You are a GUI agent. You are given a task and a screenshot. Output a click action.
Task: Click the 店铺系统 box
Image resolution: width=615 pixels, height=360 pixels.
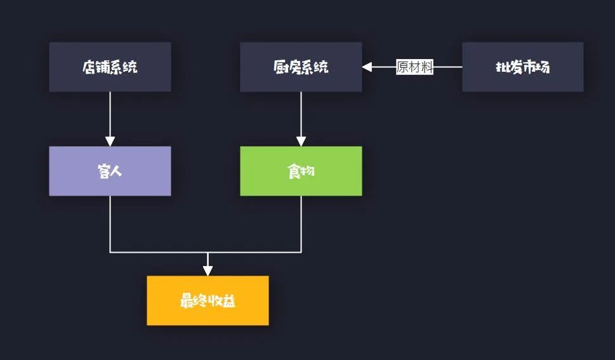pos(110,67)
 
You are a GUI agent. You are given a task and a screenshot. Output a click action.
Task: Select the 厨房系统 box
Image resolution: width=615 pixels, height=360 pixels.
pos(301,67)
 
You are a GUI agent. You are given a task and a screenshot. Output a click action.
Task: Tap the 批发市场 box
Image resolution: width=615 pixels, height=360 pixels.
pos(522,67)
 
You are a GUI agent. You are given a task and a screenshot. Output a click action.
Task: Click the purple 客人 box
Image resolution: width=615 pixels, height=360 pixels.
pos(110,171)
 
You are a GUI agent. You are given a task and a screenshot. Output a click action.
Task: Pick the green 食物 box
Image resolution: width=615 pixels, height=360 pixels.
pos(301,171)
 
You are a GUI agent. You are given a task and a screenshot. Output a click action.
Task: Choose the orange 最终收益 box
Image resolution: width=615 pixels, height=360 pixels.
pos(208,300)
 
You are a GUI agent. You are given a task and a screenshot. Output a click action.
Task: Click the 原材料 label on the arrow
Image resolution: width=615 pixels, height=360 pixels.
pos(414,67)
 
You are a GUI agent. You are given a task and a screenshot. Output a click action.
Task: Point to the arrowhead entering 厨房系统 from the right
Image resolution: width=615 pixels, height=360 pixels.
pos(367,67)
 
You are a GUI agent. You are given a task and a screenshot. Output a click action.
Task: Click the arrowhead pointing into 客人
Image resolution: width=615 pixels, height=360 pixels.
pos(110,141)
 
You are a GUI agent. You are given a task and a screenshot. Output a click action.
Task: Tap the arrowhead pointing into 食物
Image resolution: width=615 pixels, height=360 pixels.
pos(301,141)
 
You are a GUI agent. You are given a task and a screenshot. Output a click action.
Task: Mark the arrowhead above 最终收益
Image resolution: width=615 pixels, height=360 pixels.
pos(208,270)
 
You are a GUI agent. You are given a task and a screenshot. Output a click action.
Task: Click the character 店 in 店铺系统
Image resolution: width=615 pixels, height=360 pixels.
pos(89,67)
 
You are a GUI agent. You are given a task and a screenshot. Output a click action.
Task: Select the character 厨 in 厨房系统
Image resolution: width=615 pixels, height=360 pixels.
pos(280,67)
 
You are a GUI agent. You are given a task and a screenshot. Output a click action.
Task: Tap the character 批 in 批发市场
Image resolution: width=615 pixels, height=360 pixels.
pos(502,67)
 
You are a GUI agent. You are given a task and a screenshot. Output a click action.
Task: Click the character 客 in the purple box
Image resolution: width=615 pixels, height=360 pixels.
pos(103,171)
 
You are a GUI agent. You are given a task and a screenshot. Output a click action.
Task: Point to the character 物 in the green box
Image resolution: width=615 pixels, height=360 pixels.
pos(308,171)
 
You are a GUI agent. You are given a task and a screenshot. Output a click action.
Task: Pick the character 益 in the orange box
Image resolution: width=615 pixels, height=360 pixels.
pos(229,301)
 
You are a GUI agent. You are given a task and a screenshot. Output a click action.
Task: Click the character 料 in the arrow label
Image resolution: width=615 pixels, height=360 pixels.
pos(427,67)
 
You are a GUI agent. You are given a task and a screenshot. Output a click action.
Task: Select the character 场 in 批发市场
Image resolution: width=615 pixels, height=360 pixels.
pos(543,67)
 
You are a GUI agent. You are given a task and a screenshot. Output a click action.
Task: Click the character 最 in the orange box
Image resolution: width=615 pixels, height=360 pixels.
pos(187,301)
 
